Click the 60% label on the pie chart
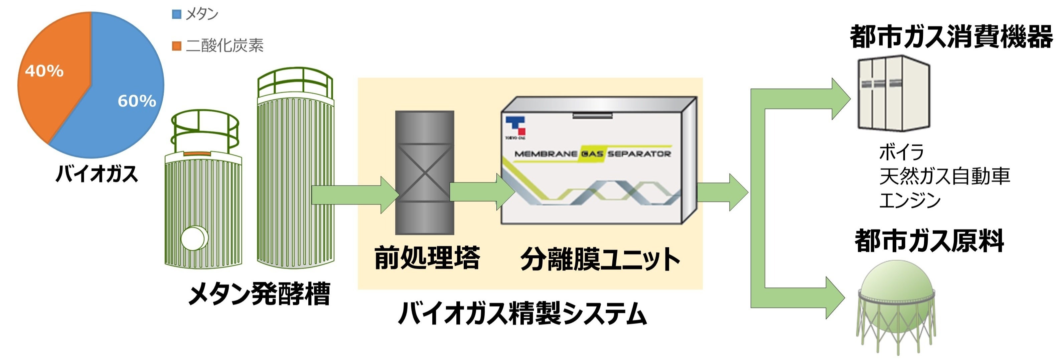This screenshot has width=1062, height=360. pos(137,101)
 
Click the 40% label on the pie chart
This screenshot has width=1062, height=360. pos(44,71)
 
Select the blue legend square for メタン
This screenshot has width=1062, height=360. pos(176,15)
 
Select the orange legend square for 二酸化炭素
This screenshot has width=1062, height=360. pos(176,45)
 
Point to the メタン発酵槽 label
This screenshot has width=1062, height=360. pos(259,294)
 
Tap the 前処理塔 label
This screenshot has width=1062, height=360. pos(427,258)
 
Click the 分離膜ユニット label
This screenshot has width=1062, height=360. pos(600,260)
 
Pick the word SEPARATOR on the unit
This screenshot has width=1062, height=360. pos(639,154)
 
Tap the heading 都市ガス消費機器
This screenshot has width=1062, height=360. pos(951,37)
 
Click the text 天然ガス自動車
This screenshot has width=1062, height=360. pos(944,176)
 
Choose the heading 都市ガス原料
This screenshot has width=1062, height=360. pos(929,241)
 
